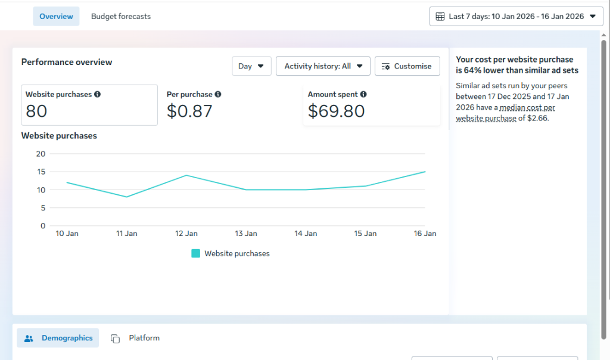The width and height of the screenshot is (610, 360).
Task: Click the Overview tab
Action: pos(56,16)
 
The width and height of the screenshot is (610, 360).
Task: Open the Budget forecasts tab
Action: pos(120,16)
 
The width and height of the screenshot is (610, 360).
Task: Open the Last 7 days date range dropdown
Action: pos(516,16)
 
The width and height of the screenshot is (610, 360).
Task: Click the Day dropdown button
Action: pos(251,66)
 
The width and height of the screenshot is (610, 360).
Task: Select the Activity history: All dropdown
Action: pos(323,66)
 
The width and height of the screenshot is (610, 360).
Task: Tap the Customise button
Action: pos(407,66)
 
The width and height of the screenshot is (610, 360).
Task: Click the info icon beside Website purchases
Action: pos(97,94)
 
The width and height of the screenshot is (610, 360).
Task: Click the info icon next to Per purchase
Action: pos(218,94)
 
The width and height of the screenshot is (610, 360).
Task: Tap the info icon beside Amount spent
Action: pos(363,94)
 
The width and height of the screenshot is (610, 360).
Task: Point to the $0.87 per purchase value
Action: pos(189,111)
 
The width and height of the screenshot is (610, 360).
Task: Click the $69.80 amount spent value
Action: pos(336,111)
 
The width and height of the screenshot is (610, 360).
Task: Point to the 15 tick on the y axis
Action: pos(41,172)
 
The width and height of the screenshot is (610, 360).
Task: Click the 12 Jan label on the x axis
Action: pos(186,234)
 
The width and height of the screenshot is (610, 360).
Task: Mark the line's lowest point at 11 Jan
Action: pos(126,197)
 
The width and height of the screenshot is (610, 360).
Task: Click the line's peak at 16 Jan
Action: pos(425,172)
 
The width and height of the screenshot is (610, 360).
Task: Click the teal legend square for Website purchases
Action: pos(195,253)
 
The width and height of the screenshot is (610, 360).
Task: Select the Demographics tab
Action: pos(58,338)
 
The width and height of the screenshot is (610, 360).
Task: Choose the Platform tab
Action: pos(135,338)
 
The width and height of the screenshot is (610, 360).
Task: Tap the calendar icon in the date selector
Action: pos(440,16)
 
